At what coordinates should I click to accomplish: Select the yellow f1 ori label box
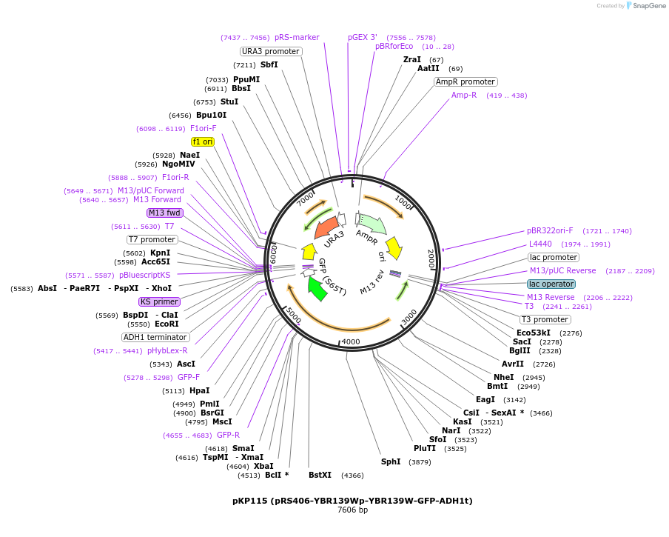click(x=202, y=141)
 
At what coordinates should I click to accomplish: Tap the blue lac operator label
click(x=551, y=284)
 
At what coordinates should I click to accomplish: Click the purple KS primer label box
click(x=159, y=301)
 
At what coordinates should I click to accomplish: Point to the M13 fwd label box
click(x=164, y=213)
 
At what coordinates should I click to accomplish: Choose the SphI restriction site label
click(x=391, y=461)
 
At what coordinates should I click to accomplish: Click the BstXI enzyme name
click(x=320, y=475)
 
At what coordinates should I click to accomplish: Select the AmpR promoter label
click(x=465, y=81)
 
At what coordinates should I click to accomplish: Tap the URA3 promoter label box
click(x=271, y=51)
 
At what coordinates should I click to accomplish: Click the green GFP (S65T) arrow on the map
click(x=317, y=289)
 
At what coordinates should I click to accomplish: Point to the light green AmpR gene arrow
click(x=372, y=224)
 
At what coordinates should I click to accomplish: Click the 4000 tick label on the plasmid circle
click(x=350, y=341)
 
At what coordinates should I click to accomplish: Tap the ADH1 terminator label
click(x=155, y=337)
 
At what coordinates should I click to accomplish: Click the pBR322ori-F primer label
click(x=550, y=230)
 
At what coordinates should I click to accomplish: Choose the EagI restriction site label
click(x=485, y=399)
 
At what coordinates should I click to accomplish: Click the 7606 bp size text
click(x=352, y=510)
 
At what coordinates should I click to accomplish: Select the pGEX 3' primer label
click(x=363, y=37)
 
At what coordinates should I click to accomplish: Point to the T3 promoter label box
click(x=545, y=319)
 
